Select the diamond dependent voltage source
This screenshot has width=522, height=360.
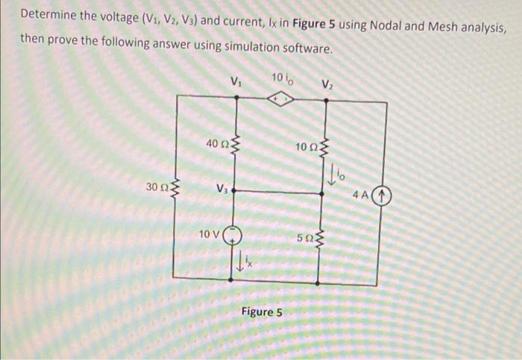[x=281, y=101]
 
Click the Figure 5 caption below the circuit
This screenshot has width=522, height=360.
[x=261, y=312]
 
